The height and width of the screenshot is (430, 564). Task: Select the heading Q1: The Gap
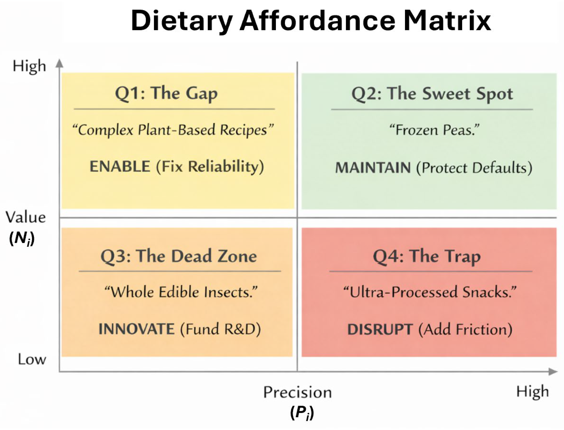click(166, 94)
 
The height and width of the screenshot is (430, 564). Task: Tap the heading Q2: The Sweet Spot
click(432, 94)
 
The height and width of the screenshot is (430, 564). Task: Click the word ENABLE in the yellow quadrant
click(120, 166)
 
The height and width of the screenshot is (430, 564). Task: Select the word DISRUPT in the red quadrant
click(380, 329)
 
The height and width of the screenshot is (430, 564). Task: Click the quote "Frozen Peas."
click(435, 130)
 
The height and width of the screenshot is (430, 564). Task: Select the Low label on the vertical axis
click(32, 359)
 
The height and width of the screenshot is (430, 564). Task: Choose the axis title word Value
click(26, 217)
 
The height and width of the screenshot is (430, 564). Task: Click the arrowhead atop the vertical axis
click(59, 63)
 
